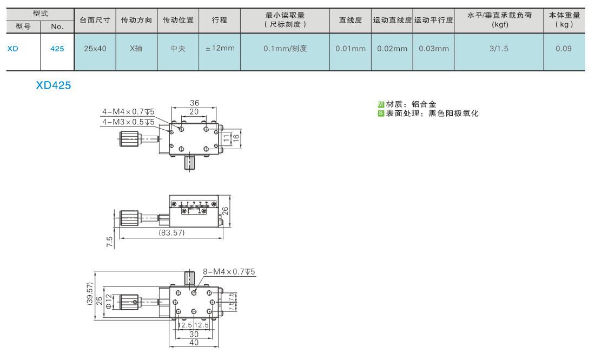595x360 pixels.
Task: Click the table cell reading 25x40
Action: [95, 49]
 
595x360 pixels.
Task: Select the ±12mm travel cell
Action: [220, 48]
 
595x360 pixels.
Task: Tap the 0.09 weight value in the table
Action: [564, 49]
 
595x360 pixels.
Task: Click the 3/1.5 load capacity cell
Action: [499, 49]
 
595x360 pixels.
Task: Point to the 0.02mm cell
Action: [392, 49]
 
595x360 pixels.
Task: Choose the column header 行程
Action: [219, 20]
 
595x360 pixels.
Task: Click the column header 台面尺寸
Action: [95, 20]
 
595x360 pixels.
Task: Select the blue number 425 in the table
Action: [57, 49]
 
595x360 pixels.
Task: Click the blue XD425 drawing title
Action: [54, 85]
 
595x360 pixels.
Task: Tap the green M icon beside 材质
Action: [381, 104]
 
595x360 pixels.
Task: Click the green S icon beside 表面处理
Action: [381, 114]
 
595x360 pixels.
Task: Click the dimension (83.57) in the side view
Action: [171, 232]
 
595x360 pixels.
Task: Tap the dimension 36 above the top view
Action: [194, 103]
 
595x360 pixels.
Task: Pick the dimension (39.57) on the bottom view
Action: [90, 293]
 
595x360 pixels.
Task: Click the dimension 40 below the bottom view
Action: [194, 343]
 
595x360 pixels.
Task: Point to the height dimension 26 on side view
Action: [225, 211]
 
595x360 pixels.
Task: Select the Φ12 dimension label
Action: [109, 301]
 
